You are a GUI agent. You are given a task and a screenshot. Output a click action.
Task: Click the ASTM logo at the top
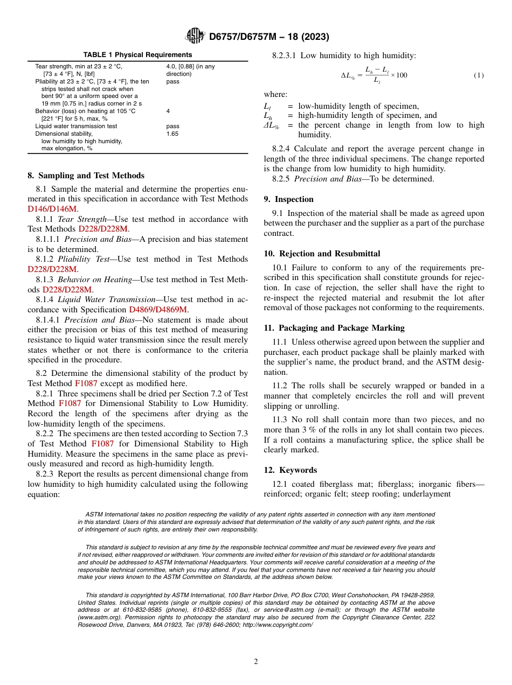[195, 36]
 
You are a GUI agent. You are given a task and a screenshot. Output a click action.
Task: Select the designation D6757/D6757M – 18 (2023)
[269, 37]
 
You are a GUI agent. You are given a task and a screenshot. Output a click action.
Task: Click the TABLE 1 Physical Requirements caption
[137, 55]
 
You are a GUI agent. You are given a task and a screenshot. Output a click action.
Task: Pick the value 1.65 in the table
[172, 134]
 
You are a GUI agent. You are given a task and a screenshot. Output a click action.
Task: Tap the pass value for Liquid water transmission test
[172, 126]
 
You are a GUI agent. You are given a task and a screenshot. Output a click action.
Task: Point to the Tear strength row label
[79, 66]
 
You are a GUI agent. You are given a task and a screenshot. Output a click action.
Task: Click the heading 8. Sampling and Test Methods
[86, 176]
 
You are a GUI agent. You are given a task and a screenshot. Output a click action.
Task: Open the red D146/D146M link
[53, 208]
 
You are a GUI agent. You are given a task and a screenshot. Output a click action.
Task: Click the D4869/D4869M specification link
[158, 309]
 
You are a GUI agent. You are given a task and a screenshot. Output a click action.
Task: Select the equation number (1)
[479, 75]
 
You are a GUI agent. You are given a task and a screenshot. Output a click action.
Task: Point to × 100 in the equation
[399, 75]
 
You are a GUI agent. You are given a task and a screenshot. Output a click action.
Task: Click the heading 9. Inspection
[288, 199]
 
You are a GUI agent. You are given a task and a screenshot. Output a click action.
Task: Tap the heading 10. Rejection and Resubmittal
[322, 254]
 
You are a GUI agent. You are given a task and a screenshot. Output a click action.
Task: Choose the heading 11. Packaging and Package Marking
[334, 327]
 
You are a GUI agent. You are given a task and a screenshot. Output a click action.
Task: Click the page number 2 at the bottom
[256, 662]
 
